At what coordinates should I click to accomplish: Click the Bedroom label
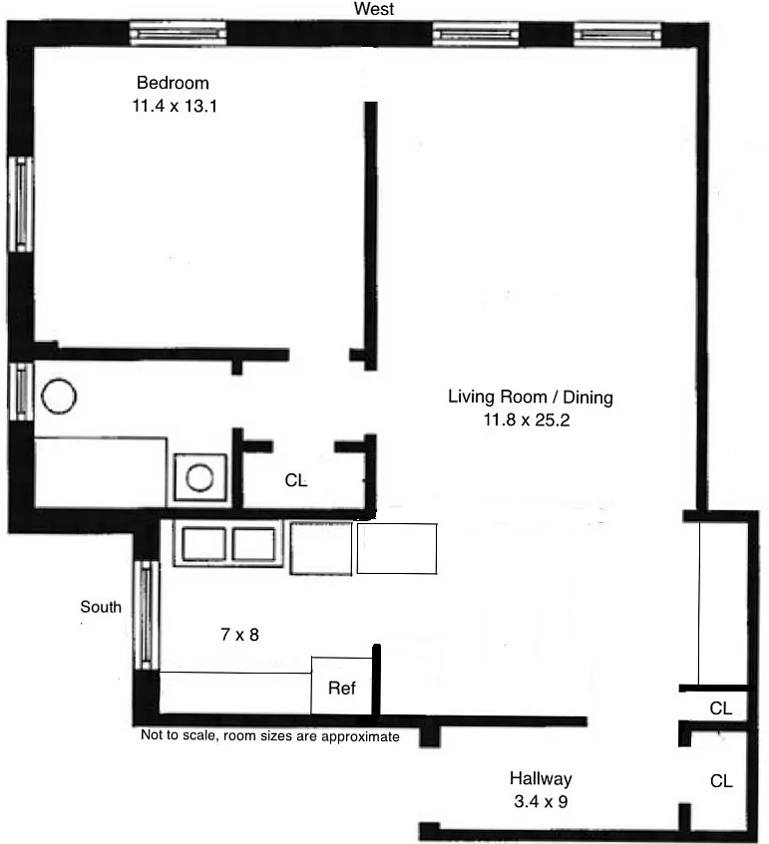pyautogui.click(x=173, y=83)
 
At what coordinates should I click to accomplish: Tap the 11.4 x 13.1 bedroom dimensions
pyautogui.click(x=175, y=106)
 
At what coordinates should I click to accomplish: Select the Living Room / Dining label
pyautogui.click(x=531, y=398)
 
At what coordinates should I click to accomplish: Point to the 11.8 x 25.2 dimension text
pyautogui.click(x=526, y=420)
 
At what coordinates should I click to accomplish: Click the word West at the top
pyautogui.click(x=374, y=9)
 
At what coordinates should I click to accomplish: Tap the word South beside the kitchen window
pyautogui.click(x=101, y=607)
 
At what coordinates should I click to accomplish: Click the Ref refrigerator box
pyautogui.click(x=342, y=687)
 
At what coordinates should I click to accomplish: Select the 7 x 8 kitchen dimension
pyautogui.click(x=239, y=635)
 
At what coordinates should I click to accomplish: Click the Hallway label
pyautogui.click(x=541, y=779)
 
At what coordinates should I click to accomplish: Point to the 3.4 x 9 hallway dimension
pyautogui.click(x=541, y=802)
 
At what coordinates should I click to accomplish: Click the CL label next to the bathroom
pyautogui.click(x=296, y=480)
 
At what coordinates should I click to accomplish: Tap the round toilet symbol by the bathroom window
pyautogui.click(x=59, y=397)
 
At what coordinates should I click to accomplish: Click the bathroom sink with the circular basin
pyautogui.click(x=199, y=477)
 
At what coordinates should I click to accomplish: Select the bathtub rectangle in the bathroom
pyautogui.click(x=101, y=472)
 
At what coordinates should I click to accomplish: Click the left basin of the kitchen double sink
pyautogui.click(x=203, y=544)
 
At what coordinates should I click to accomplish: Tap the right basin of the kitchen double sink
pyautogui.click(x=253, y=544)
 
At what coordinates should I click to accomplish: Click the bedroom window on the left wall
pyautogui.click(x=21, y=204)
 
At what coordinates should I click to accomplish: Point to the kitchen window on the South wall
pyautogui.click(x=146, y=615)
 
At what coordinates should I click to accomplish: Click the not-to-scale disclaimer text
pyautogui.click(x=270, y=736)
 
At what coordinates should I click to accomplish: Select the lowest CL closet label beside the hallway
pyautogui.click(x=721, y=781)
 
